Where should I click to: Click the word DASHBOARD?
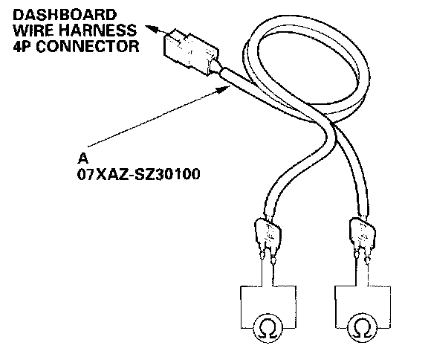(x=65, y=15)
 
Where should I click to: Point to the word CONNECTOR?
(x=88, y=46)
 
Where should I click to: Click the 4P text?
(x=22, y=46)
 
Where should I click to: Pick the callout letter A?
(x=82, y=158)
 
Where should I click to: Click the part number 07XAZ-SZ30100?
(x=139, y=174)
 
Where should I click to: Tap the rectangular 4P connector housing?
(x=191, y=51)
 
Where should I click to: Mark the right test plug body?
(x=362, y=231)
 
